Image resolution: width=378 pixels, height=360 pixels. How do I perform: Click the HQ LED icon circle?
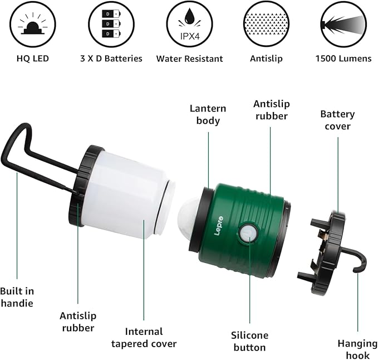(32, 24)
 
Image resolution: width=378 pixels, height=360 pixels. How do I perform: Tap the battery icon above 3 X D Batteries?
(111, 24)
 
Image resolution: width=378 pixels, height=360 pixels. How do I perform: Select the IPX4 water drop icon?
(189, 24)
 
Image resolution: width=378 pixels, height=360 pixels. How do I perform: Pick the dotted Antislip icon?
(266, 24)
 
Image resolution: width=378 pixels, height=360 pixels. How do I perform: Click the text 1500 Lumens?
(343, 59)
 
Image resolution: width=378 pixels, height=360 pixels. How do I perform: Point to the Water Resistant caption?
(189, 59)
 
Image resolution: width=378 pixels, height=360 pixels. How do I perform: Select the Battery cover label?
(337, 120)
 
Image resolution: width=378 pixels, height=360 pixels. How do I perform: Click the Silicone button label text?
(249, 341)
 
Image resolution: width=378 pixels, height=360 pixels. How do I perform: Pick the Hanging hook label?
(357, 350)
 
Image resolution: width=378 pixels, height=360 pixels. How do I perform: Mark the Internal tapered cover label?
(144, 338)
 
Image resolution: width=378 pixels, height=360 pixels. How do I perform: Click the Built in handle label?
(17, 298)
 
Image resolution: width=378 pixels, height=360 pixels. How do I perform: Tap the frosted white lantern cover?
(128, 195)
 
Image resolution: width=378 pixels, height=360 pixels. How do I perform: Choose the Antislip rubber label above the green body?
(271, 110)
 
